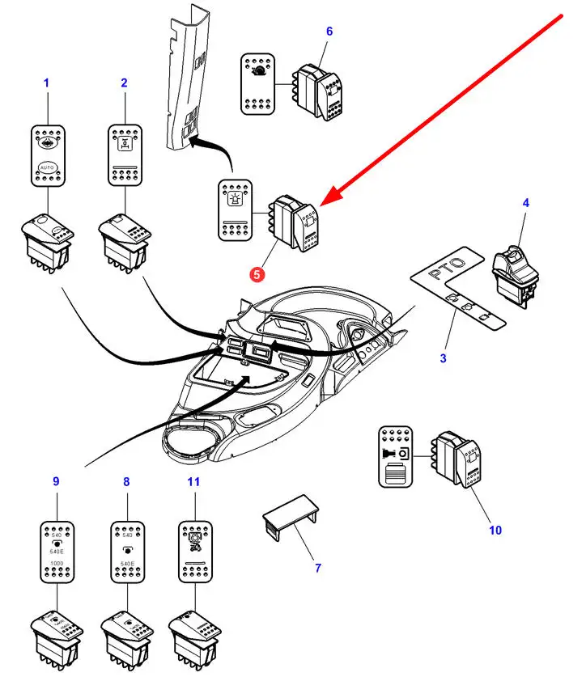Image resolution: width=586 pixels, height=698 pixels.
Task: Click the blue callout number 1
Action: coord(46,82)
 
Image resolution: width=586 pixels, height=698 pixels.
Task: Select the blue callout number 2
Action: coord(124,82)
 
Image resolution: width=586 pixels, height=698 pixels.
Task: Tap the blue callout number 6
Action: coord(329,32)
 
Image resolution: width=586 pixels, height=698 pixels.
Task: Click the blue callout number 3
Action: coord(444,358)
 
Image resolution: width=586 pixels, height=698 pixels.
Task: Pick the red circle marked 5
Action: coord(257,274)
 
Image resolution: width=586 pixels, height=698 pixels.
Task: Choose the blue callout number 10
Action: coord(495,530)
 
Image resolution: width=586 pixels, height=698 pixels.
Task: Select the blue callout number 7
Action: coord(317,568)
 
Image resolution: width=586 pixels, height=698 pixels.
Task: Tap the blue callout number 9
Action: coord(56,481)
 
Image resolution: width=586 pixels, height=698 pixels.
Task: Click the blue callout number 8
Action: coord(126,481)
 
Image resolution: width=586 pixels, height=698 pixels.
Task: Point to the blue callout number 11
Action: coord(193,481)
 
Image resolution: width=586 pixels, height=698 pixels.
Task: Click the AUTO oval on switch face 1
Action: coord(46,169)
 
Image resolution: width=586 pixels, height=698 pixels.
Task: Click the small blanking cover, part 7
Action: coord(291,512)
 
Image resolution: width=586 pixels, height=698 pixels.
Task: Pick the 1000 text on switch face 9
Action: coord(57,562)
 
